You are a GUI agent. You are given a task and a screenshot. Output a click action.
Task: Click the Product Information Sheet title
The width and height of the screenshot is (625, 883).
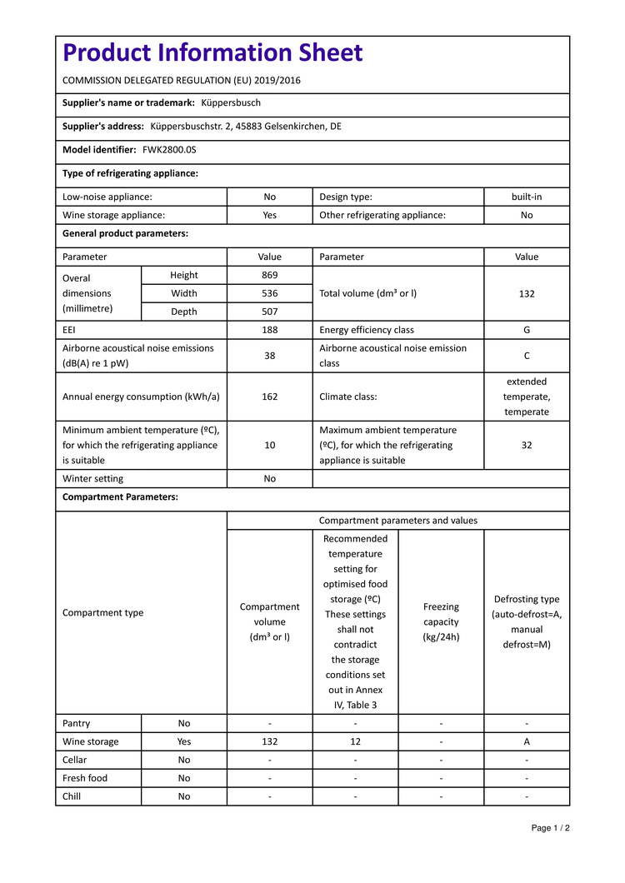point(212,53)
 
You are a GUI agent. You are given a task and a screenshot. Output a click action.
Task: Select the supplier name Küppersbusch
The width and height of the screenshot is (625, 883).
point(231,103)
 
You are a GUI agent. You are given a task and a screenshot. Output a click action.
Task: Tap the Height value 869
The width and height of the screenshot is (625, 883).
point(269,276)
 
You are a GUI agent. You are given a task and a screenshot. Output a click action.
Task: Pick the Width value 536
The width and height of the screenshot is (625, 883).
point(269,293)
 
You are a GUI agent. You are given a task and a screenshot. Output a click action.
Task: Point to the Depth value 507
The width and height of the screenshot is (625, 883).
point(269,312)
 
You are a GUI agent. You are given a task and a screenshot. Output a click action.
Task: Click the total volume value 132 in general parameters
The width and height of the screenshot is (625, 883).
point(527,293)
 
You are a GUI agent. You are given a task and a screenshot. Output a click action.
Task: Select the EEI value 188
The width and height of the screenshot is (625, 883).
point(269,330)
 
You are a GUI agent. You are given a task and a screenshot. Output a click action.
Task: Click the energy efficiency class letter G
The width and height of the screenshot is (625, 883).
point(527,330)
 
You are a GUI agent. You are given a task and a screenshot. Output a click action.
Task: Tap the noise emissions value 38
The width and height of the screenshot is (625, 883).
point(269,356)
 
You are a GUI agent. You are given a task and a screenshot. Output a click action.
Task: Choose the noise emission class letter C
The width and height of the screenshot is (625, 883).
point(527,356)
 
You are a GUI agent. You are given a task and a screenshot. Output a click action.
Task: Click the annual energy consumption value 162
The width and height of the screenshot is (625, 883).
point(269,397)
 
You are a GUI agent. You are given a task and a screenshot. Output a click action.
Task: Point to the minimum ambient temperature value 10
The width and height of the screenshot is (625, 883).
point(269,446)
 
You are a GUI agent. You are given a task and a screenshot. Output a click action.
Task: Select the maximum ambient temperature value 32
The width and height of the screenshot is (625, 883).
point(527,446)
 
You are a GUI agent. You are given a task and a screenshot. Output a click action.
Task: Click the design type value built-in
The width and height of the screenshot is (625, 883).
point(527,197)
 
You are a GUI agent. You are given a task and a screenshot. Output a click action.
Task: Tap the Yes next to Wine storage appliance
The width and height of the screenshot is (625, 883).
point(269,215)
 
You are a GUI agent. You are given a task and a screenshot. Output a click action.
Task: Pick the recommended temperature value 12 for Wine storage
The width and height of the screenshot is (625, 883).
point(355,741)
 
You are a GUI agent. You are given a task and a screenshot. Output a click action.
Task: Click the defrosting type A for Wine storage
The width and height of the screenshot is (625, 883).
point(527,741)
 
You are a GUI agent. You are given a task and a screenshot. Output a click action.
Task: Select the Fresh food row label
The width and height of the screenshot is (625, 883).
point(85,778)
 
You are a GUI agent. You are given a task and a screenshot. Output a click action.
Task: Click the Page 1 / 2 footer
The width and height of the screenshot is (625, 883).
point(551,828)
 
